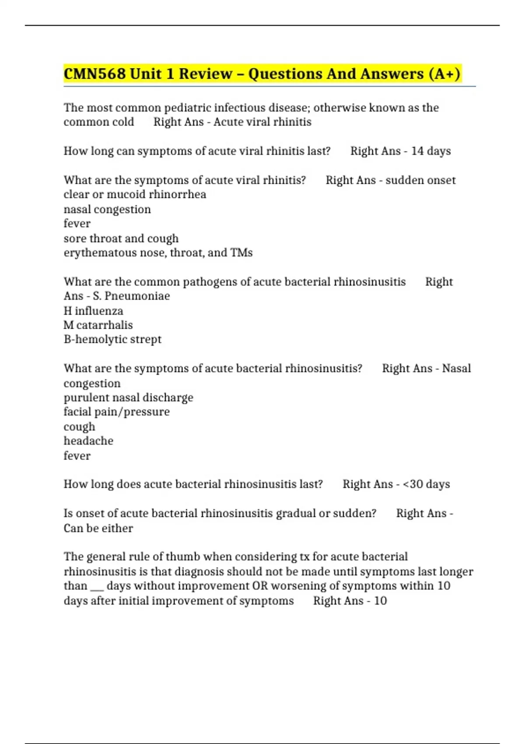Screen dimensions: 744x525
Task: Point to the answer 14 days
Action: tap(431, 151)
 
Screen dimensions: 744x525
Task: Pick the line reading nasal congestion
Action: tap(107, 209)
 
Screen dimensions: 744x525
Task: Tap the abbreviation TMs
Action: tap(241, 253)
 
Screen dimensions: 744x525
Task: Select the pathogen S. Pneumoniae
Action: tap(131, 296)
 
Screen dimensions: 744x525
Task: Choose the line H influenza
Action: tap(93, 311)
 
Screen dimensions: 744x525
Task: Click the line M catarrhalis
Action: tap(98, 325)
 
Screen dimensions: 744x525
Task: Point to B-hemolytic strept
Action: tap(112, 339)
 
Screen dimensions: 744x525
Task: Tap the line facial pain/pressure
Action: tap(116, 412)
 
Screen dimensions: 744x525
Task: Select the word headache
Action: tap(88, 441)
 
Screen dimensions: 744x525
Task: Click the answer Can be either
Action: tap(98, 528)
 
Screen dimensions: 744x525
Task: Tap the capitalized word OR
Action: tap(260, 586)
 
